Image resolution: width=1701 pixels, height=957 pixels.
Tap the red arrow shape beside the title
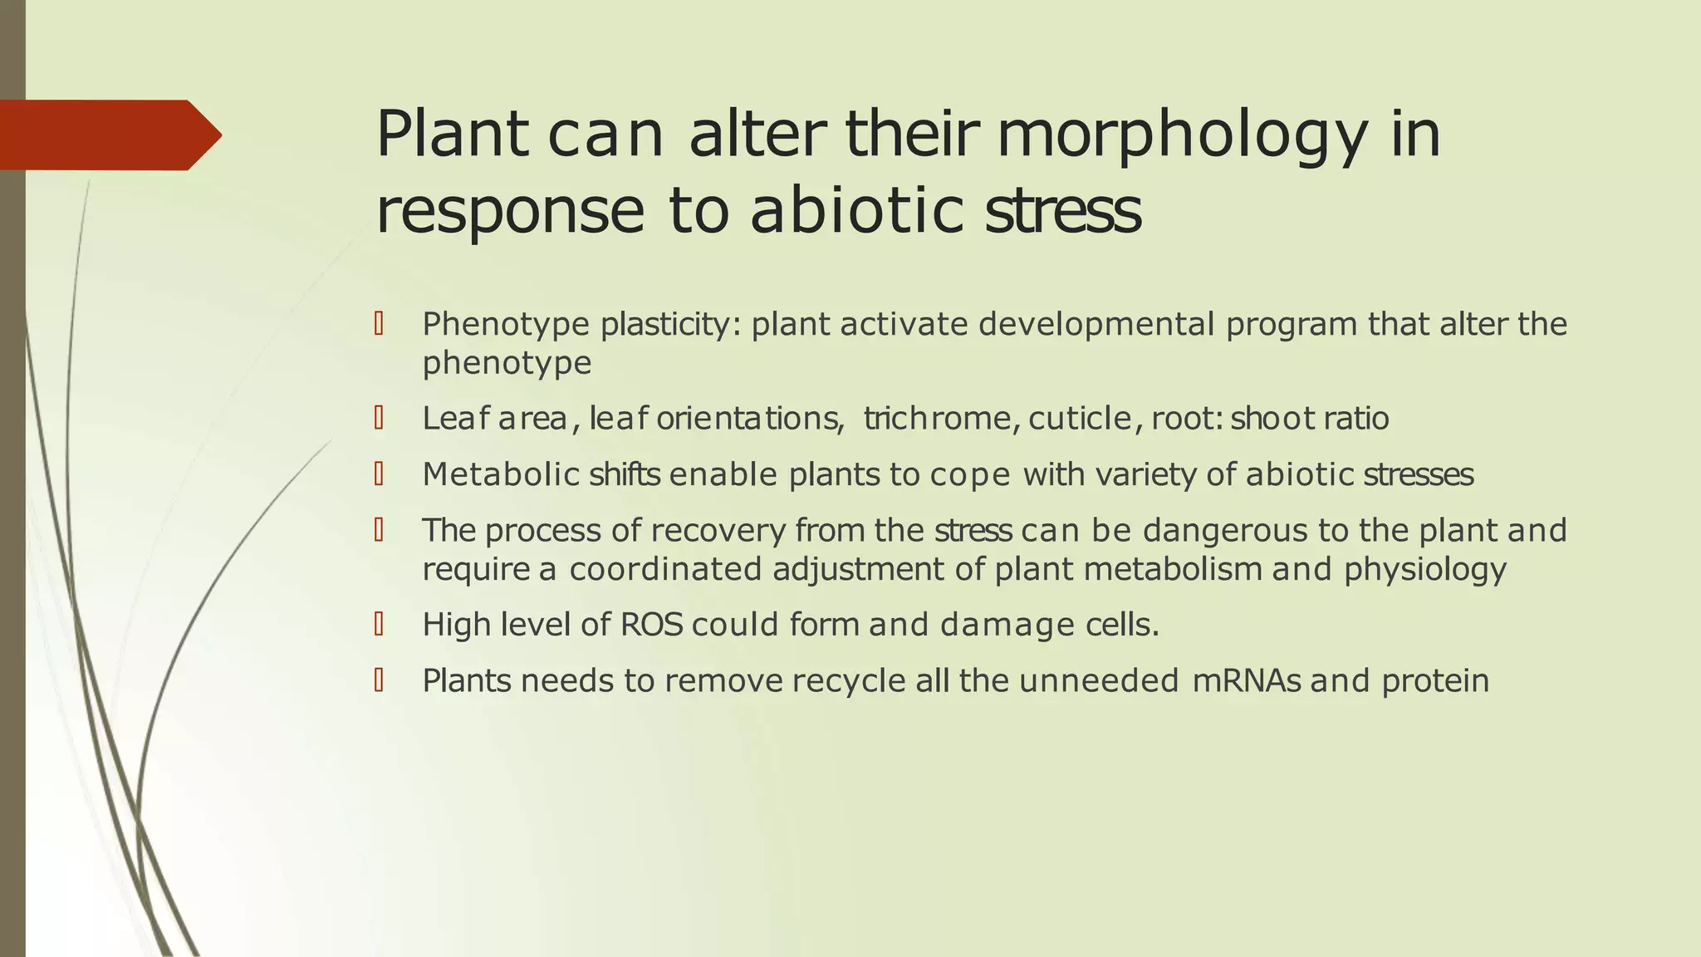pyautogui.click(x=108, y=135)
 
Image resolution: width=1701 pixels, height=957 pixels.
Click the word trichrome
pyautogui.click(x=936, y=418)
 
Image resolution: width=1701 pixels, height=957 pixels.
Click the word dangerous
pyautogui.click(x=1226, y=530)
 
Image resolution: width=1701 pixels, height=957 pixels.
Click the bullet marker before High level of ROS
pyautogui.click(x=379, y=624)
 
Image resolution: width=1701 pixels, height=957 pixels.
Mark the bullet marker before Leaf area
pyautogui.click(x=379, y=417)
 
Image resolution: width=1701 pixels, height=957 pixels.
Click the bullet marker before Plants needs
pyautogui.click(x=379, y=680)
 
